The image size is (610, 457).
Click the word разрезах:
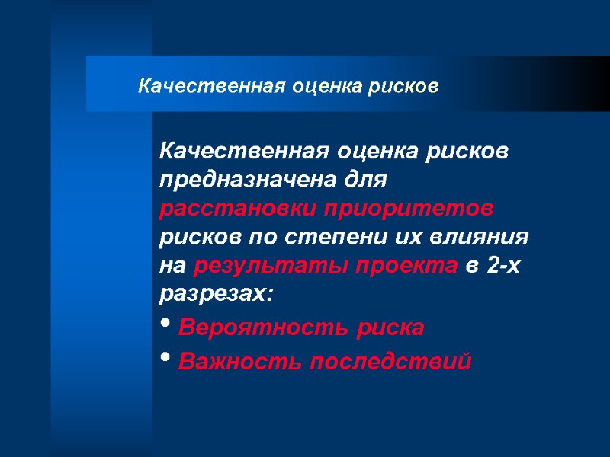(215, 292)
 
